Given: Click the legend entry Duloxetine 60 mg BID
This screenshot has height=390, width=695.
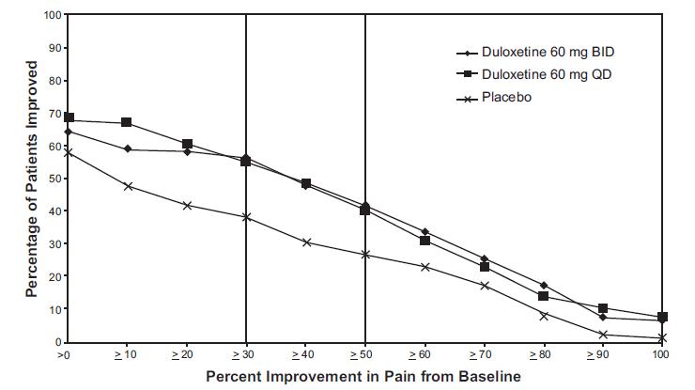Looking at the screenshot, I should point(535,52).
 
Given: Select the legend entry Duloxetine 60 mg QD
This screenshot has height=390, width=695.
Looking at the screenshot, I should point(533,74).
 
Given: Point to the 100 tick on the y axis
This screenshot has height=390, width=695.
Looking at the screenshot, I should point(53,15).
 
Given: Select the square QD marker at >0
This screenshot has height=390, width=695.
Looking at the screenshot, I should point(69,119).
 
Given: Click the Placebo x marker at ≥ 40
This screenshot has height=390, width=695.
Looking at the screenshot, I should point(306,242).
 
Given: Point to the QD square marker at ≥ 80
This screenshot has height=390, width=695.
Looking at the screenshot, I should point(543,296).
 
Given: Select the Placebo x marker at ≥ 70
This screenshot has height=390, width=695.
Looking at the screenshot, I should point(484,285).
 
